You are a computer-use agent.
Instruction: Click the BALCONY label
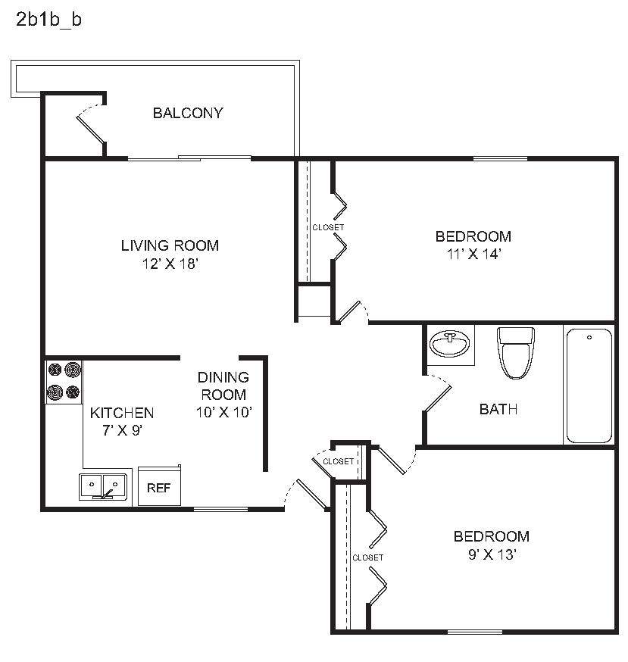tap(188, 114)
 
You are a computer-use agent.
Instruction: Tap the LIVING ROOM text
tap(170, 245)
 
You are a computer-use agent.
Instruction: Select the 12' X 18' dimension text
tap(170, 264)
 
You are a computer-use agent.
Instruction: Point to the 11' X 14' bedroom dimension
tap(473, 254)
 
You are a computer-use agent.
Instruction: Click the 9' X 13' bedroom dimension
tap(491, 555)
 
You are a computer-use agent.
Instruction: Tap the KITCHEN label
tap(122, 413)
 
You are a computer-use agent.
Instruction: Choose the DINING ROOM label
tap(223, 386)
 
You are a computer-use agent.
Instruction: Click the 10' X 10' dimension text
tap(223, 412)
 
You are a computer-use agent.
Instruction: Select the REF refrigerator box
tap(158, 487)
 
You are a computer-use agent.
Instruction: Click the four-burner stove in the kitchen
tap(64, 381)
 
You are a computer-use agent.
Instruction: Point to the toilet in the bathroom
tap(516, 351)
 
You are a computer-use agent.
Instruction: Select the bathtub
tap(589, 386)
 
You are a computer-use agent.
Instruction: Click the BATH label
tap(498, 410)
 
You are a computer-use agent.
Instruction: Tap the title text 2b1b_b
tap(48, 20)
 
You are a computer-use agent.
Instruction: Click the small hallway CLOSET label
tap(338, 461)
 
